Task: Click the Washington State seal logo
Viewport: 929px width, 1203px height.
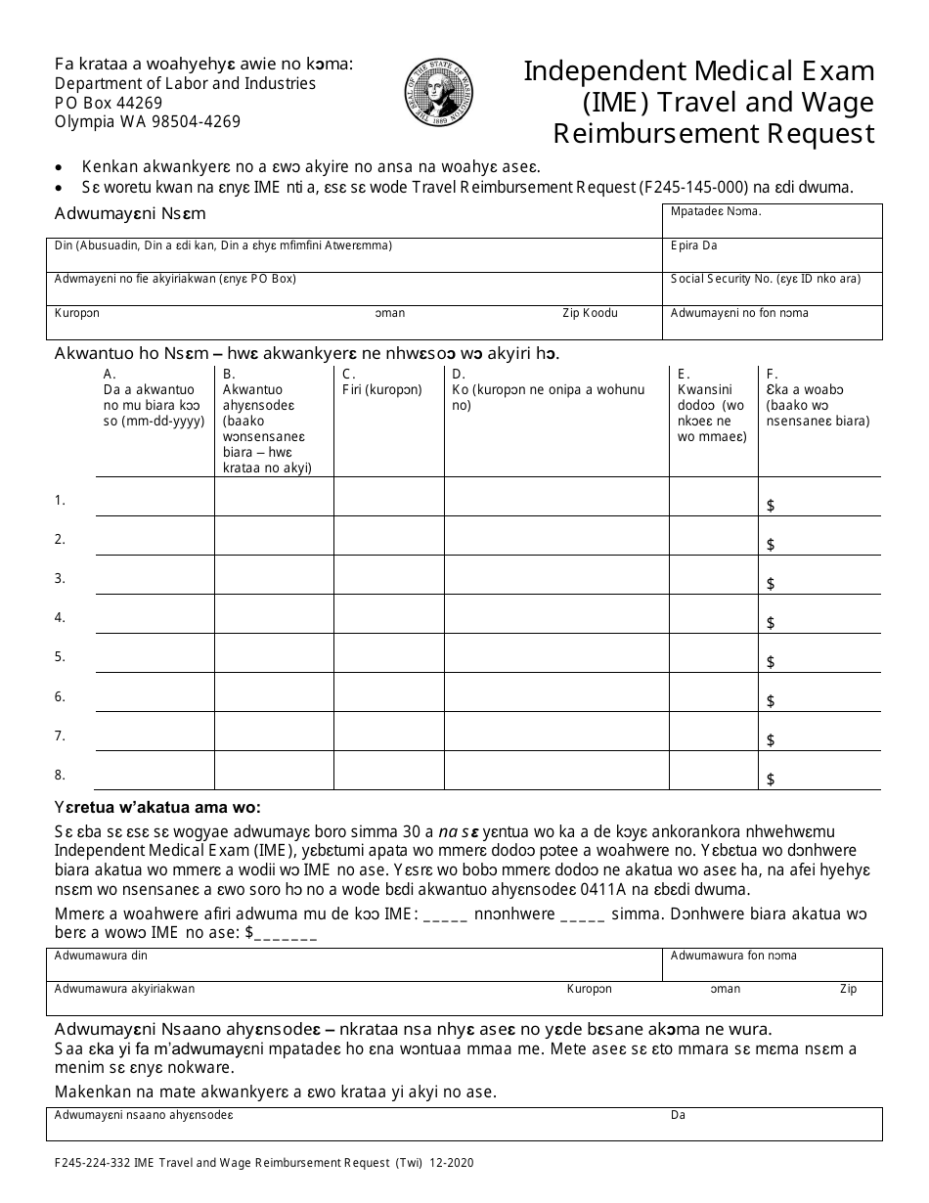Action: pos(439,93)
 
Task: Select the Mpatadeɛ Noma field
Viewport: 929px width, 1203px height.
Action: pos(772,220)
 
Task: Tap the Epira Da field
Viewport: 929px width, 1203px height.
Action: pos(772,254)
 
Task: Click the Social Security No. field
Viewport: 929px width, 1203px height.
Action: pos(772,288)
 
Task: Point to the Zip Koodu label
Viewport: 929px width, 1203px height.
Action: pos(589,313)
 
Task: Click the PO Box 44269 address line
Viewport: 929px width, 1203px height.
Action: pos(109,103)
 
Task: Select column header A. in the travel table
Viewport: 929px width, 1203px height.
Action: pos(110,374)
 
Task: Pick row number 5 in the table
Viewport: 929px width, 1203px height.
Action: pos(60,656)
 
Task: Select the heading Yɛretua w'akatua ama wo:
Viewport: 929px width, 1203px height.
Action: pos(157,808)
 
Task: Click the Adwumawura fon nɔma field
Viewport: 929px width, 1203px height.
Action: pos(772,964)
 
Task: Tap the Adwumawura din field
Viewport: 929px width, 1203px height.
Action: pos(352,964)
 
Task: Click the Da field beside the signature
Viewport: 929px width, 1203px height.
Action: pos(772,1123)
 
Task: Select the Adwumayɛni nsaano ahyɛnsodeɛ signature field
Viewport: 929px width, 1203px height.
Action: pos(352,1123)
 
